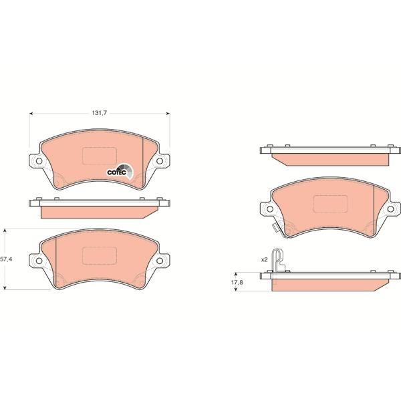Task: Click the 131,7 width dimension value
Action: pyautogui.click(x=99, y=113)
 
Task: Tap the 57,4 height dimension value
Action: pyautogui.click(x=6, y=259)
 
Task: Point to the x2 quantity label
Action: pyautogui.click(x=264, y=260)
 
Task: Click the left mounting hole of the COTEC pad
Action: pyautogui.click(x=39, y=161)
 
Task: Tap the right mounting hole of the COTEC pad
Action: pyautogui.click(x=160, y=161)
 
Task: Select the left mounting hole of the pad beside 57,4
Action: pyautogui.click(x=39, y=261)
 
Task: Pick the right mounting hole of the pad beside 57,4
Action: pyautogui.click(x=160, y=261)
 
